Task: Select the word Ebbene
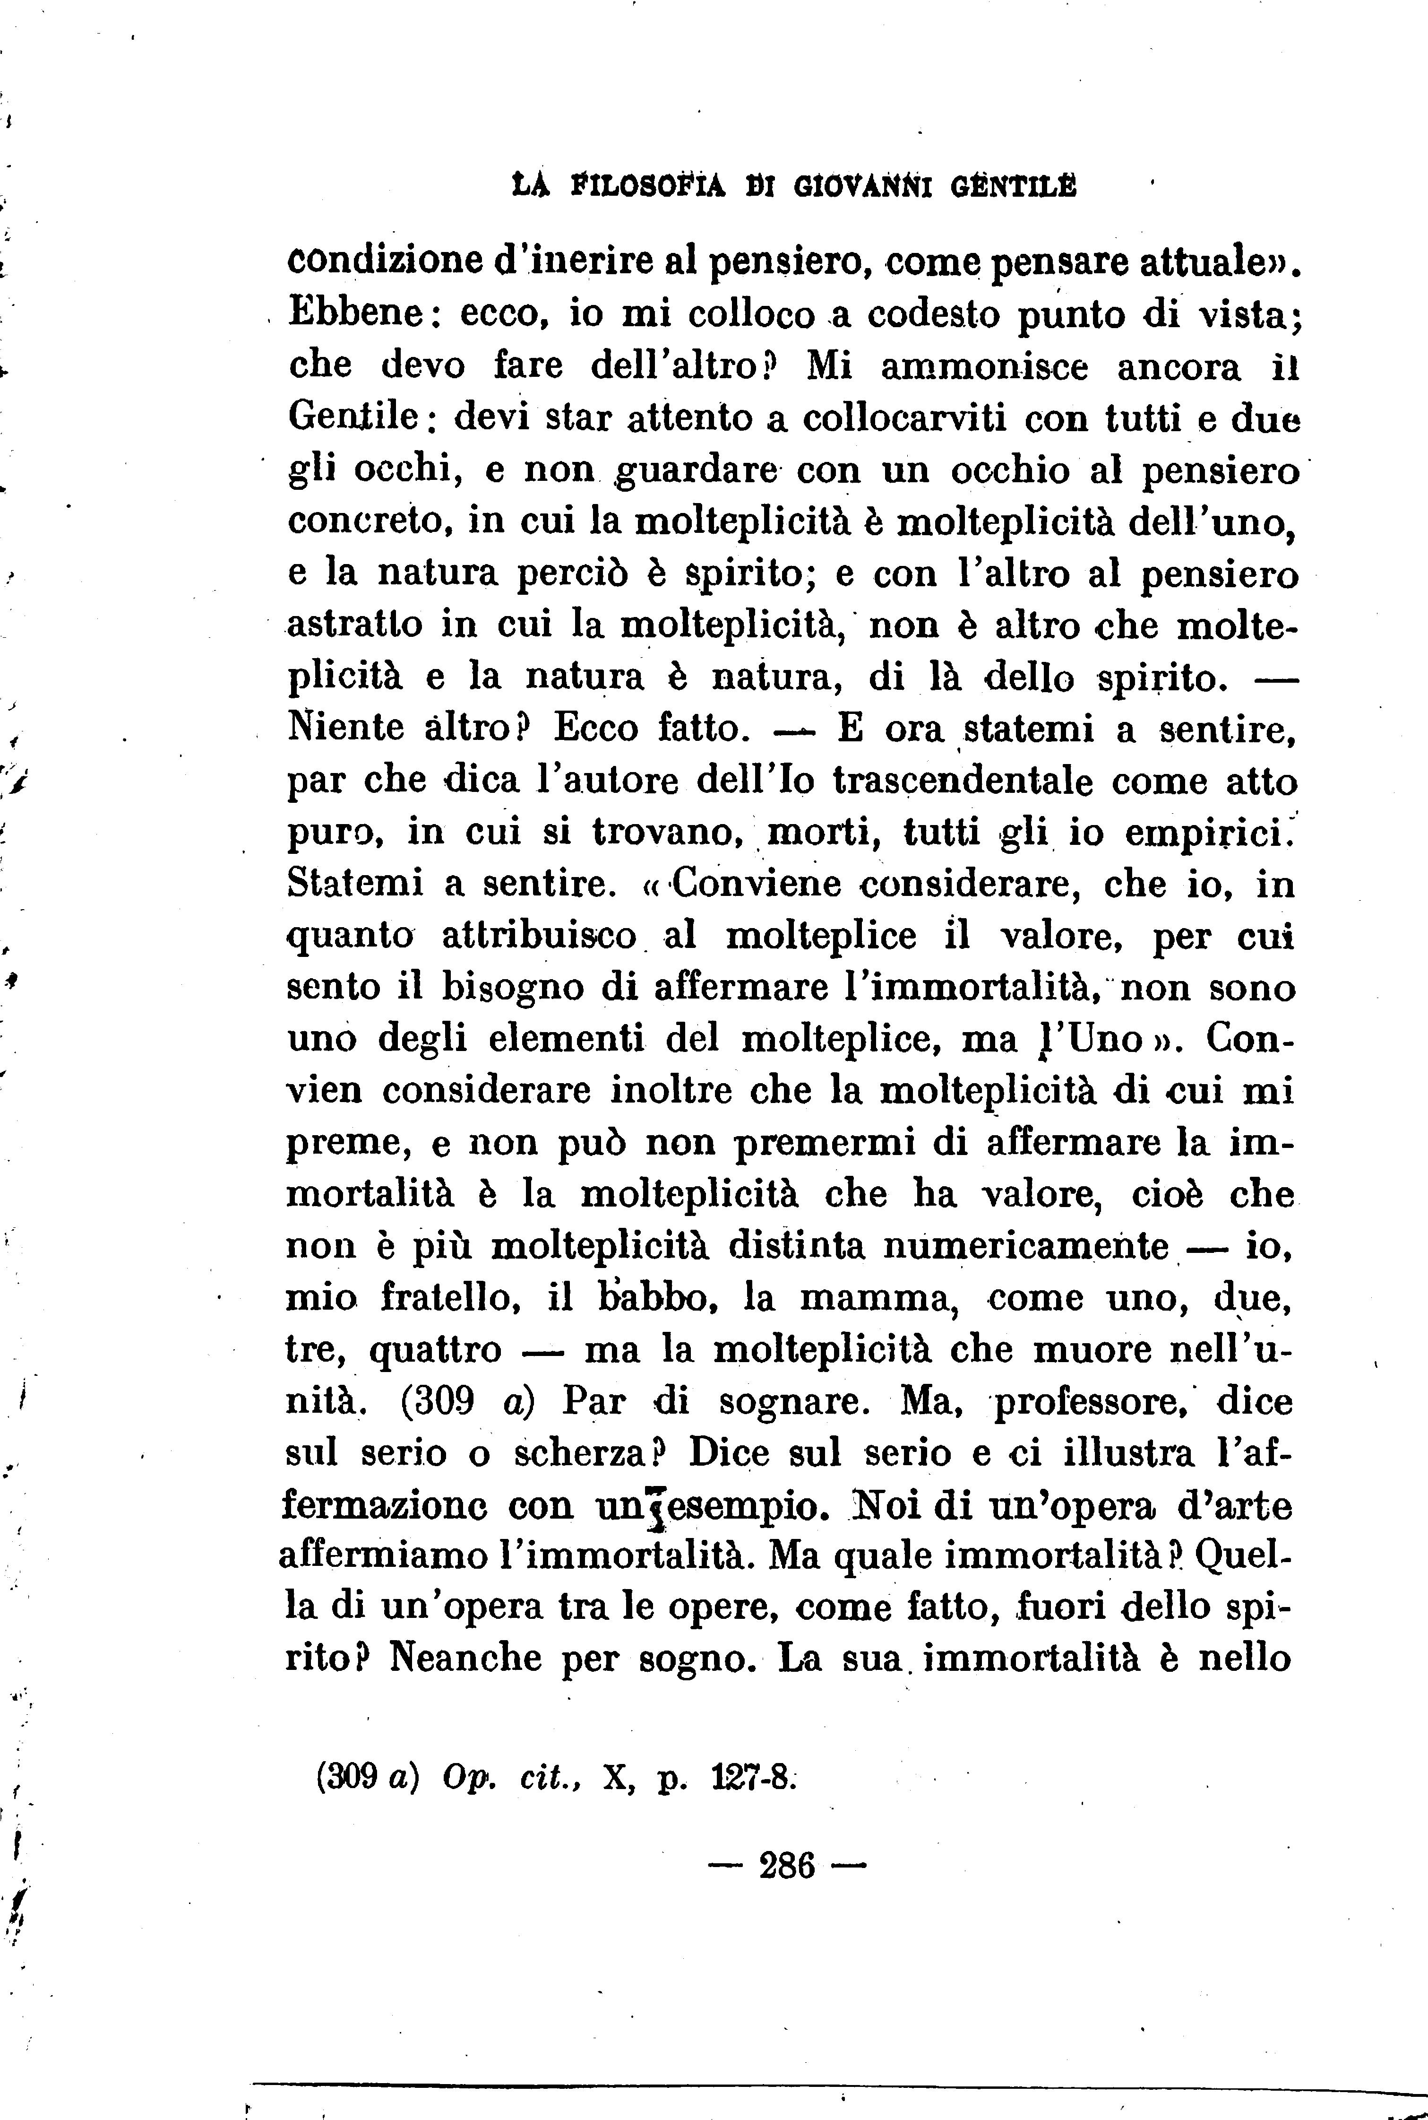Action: coord(354,314)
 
